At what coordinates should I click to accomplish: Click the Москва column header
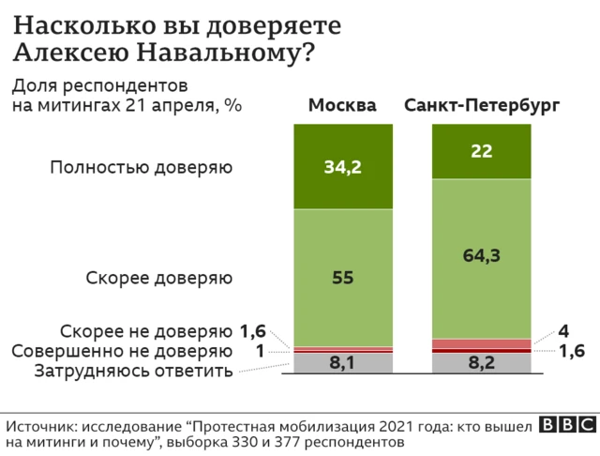click(x=342, y=105)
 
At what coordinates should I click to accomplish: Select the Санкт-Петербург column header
click(x=482, y=105)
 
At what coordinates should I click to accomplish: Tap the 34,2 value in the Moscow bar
click(x=342, y=168)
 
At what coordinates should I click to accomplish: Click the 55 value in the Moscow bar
click(x=342, y=278)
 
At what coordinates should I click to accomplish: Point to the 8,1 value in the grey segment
click(x=342, y=363)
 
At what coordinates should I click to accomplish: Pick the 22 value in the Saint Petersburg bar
click(x=482, y=150)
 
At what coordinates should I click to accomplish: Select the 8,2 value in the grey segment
click(x=482, y=363)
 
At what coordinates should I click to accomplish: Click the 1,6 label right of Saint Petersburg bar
click(x=571, y=351)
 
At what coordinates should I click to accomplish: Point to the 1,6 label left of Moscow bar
click(x=254, y=331)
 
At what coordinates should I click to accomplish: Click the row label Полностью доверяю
click(x=141, y=168)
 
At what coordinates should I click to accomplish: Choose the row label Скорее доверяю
click(x=158, y=278)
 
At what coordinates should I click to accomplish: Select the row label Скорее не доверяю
click(x=145, y=332)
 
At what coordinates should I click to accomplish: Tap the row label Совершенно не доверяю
click(x=122, y=352)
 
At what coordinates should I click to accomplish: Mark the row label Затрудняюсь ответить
click(x=132, y=371)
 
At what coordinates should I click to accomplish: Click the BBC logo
click(x=560, y=424)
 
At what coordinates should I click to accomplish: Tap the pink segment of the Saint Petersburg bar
click(x=482, y=343)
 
